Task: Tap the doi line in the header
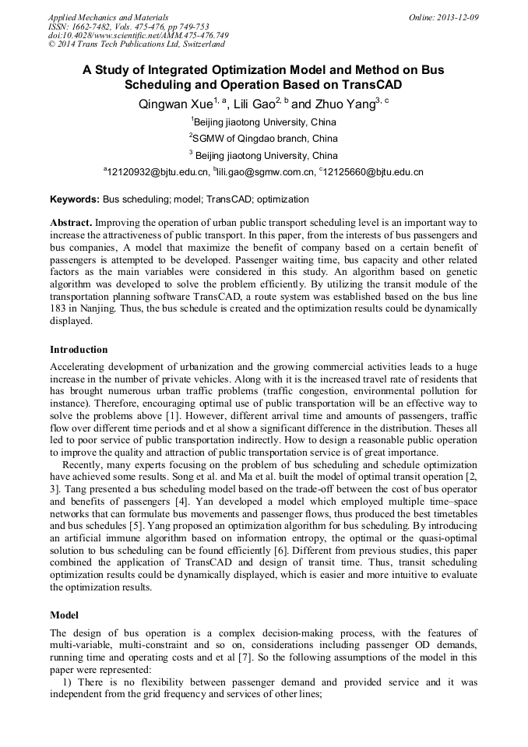pyautogui.click(x=139, y=35)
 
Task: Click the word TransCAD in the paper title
pyautogui.click(x=372, y=85)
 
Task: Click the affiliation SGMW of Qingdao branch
pyautogui.click(x=266, y=138)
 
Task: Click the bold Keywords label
pyautogui.click(x=75, y=199)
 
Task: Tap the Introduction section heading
pyautogui.click(x=79, y=349)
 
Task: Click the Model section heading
pyautogui.click(x=65, y=615)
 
